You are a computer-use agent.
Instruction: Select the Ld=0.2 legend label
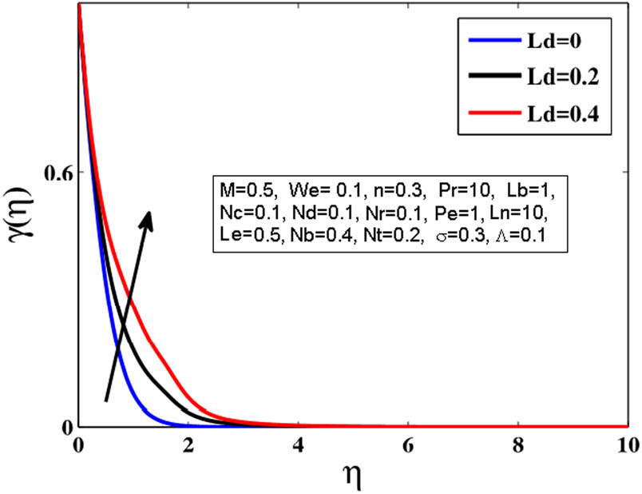[567, 82]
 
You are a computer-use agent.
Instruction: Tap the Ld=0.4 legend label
[567, 118]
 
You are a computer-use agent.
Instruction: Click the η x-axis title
[351, 476]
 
